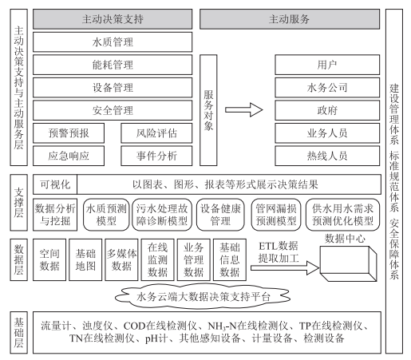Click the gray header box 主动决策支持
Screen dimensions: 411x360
click(x=113, y=19)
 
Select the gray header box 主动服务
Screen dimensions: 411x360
click(x=290, y=19)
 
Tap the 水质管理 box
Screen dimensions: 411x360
click(x=113, y=42)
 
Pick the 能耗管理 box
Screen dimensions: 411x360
click(x=113, y=65)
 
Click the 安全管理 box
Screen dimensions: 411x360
click(x=113, y=110)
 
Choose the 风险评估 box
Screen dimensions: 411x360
click(x=156, y=133)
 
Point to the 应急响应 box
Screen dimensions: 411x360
click(x=69, y=156)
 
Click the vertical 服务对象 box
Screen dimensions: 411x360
click(x=208, y=110)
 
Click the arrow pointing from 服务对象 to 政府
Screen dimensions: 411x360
click(x=244, y=110)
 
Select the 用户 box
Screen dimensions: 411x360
click(x=327, y=65)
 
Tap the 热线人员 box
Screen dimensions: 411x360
click(x=327, y=156)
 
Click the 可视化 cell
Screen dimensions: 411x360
click(x=55, y=184)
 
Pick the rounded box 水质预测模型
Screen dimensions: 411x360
click(x=106, y=215)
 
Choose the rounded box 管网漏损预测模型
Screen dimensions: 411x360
click(x=276, y=215)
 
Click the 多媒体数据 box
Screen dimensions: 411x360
click(x=121, y=259)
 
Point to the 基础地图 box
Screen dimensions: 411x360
click(x=85, y=259)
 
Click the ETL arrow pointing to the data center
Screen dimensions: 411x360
click(x=285, y=268)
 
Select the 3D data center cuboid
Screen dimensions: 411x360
click(x=348, y=263)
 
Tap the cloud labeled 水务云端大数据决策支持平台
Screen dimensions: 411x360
click(x=203, y=296)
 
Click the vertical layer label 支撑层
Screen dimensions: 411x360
click(x=18, y=203)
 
